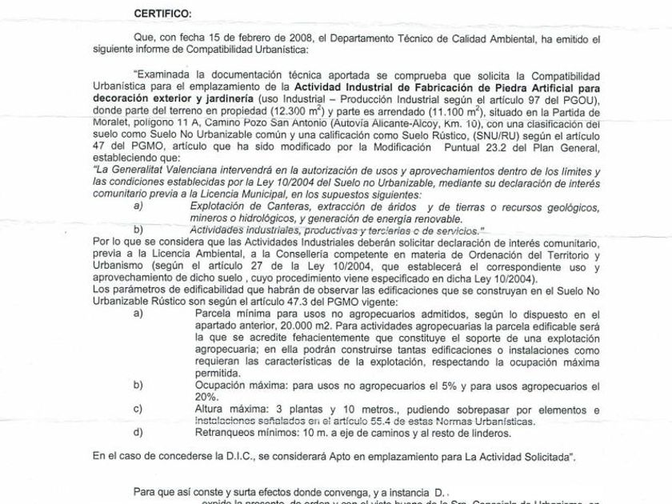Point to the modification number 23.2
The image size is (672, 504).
click(497, 162)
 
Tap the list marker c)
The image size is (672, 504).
click(138, 409)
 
